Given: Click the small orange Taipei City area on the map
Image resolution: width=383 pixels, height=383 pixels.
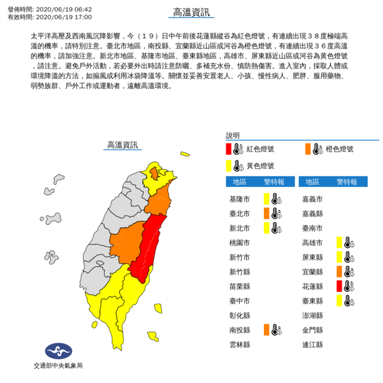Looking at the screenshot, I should point(154,174).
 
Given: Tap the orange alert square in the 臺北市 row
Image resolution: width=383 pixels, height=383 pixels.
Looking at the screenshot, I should point(267,212).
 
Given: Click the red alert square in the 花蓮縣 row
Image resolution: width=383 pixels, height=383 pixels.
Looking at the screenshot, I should point(339,286).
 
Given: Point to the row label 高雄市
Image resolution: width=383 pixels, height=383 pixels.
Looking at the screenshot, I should point(314,242).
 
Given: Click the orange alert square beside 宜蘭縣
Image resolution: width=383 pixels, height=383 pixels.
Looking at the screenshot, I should point(339,271).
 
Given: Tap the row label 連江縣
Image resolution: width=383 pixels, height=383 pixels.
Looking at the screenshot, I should point(314,345).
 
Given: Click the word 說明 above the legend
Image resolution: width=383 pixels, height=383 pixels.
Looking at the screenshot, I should point(232,135).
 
